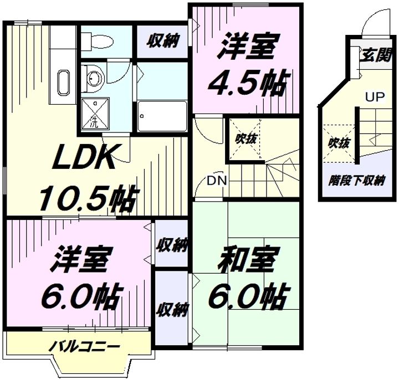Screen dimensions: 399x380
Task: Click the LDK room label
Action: [x=83, y=157]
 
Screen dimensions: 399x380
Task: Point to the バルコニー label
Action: [x=84, y=346]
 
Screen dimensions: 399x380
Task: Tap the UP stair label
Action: [x=375, y=97]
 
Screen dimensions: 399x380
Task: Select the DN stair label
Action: [x=217, y=181]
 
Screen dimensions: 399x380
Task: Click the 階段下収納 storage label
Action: [x=356, y=181]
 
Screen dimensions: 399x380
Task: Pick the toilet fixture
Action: [x=97, y=42]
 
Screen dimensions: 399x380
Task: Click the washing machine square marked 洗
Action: [x=95, y=114]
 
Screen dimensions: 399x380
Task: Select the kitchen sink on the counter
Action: [x=63, y=83]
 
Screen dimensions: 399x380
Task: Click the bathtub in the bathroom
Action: [x=162, y=116]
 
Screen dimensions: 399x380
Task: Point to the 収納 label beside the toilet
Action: [x=163, y=40]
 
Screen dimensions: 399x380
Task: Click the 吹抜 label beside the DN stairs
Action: [x=245, y=138]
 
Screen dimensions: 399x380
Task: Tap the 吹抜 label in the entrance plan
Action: [x=339, y=143]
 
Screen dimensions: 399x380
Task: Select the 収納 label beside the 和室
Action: [x=172, y=310]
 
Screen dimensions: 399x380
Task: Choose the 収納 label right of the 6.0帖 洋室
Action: [x=172, y=245]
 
